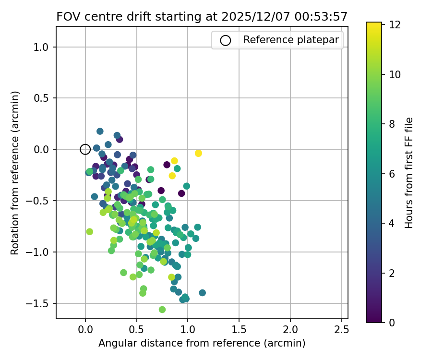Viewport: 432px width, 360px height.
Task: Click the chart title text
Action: coord(202,16)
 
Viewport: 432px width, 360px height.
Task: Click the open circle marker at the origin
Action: coord(85,149)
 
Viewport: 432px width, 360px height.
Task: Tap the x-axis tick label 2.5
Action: coord(341,330)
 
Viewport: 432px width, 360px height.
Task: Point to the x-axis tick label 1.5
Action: coord(239,330)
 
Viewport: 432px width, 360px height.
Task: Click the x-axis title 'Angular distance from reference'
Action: coord(202,343)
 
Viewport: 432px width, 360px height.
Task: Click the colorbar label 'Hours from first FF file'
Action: coord(409,172)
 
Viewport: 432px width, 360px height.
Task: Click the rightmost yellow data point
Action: coord(198,153)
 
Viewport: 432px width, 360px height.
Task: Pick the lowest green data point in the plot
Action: coord(162,310)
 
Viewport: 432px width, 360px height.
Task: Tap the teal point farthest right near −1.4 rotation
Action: coord(202,293)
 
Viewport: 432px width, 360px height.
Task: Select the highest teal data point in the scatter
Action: coord(100,131)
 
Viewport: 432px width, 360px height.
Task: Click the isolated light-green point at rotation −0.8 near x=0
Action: coord(89,231)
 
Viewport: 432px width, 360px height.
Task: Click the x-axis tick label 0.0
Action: coord(85,330)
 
